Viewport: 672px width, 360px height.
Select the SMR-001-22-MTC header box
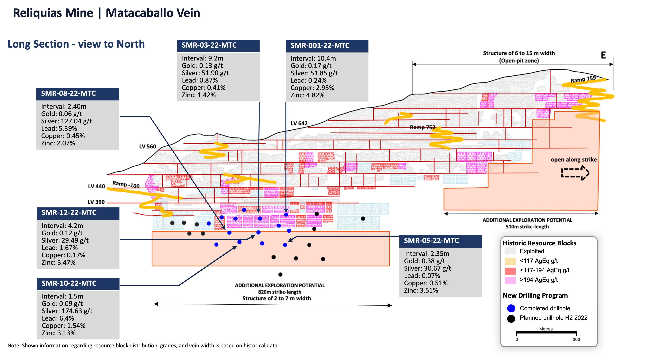327,46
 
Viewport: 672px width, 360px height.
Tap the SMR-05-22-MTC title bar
440,241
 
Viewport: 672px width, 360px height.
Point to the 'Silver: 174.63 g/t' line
67,311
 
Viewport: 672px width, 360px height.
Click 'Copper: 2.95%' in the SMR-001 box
312,88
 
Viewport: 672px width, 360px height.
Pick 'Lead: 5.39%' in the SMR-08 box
59,129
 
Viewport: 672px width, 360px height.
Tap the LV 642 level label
299,123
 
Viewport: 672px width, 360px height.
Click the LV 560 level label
148,147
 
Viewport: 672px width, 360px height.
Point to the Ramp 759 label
583,79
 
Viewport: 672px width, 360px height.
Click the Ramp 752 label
423,127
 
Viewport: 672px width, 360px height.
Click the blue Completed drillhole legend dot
511,308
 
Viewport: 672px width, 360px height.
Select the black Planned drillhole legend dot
511,318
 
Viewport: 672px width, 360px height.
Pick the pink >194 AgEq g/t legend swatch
510,280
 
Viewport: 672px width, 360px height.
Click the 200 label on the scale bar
576,339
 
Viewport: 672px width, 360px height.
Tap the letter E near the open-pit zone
603,55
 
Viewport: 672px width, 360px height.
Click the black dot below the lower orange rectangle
280,274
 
